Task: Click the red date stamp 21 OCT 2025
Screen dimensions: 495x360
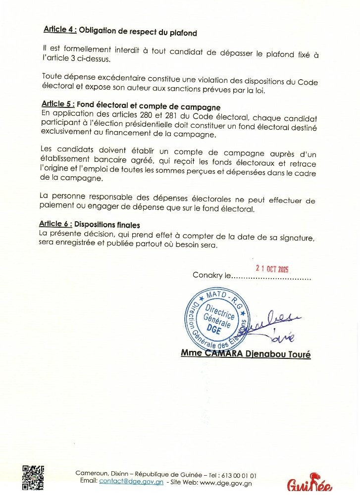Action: (x=272, y=269)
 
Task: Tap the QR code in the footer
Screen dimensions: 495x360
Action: (x=33, y=477)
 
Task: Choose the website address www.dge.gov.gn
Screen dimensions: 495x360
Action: (x=225, y=483)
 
